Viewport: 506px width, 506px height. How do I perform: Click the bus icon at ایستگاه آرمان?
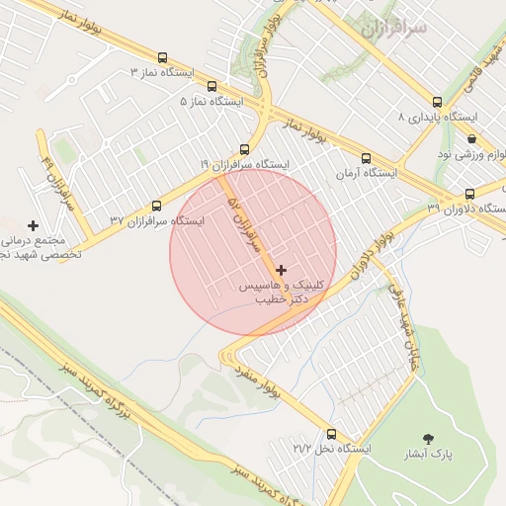[366, 158]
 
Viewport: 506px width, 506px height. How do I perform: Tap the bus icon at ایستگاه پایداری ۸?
[437, 102]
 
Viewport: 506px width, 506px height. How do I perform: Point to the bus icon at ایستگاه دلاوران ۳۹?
[470, 194]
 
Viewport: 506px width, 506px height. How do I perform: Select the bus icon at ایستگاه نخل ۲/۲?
[331, 434]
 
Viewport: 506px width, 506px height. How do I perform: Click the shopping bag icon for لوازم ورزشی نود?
[472, 139]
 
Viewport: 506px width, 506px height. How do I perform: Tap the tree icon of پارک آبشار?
[428, 438]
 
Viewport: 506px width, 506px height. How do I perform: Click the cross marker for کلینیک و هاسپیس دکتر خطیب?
[282, 270]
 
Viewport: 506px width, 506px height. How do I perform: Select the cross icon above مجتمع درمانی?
[34, 225]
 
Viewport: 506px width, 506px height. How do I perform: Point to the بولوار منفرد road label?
[259, 380]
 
